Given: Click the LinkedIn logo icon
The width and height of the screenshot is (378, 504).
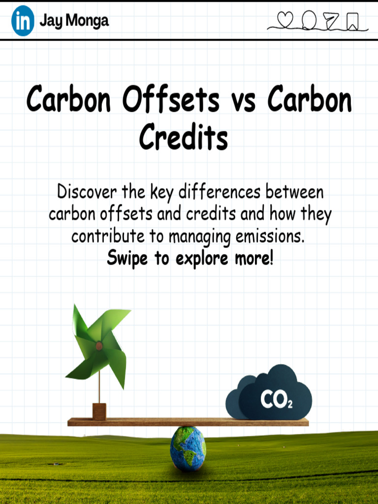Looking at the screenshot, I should [23, 21].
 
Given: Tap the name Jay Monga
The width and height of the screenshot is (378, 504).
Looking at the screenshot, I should [74, 21].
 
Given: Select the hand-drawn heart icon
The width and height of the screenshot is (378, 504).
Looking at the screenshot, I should [285, 20].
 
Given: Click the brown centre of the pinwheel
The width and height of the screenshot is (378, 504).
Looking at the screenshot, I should [99, 346].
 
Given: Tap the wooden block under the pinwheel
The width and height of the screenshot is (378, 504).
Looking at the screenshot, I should [99, 411].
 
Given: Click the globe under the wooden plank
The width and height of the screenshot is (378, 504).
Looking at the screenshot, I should [188, 448].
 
